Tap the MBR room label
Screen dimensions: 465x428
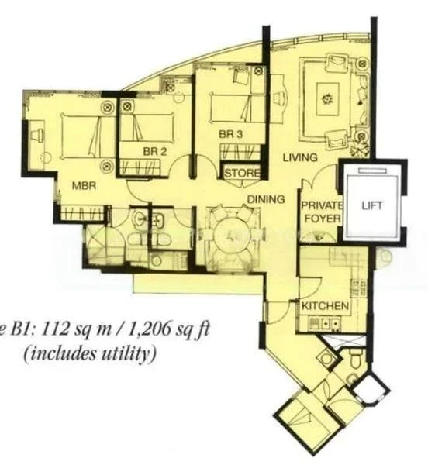click(84, 186)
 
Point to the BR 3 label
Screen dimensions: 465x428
click(231, 134)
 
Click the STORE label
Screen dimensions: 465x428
click(242, 174)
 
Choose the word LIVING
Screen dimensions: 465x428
click(300, 158)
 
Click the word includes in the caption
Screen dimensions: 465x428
click(66, 356)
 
